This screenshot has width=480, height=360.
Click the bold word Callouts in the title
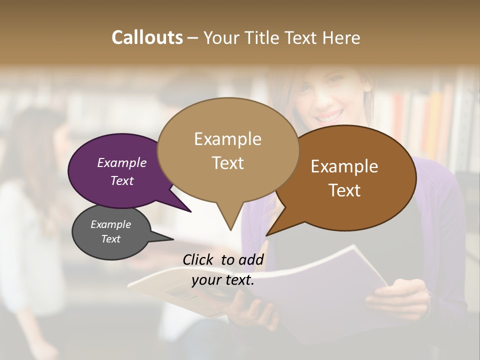pos(147,37)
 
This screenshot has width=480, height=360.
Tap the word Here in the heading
pos(341,37)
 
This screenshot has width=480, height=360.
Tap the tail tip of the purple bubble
pos(190,211)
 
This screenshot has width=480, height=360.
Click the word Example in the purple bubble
pos(121,162)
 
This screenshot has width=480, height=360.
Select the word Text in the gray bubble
pos(110,239)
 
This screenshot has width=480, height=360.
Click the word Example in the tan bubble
pos(227,139)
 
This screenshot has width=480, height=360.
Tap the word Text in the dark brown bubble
pos(344,190)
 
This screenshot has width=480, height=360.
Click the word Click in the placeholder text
pos(199,259)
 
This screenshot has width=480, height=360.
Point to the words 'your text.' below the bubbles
pos(223,280)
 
